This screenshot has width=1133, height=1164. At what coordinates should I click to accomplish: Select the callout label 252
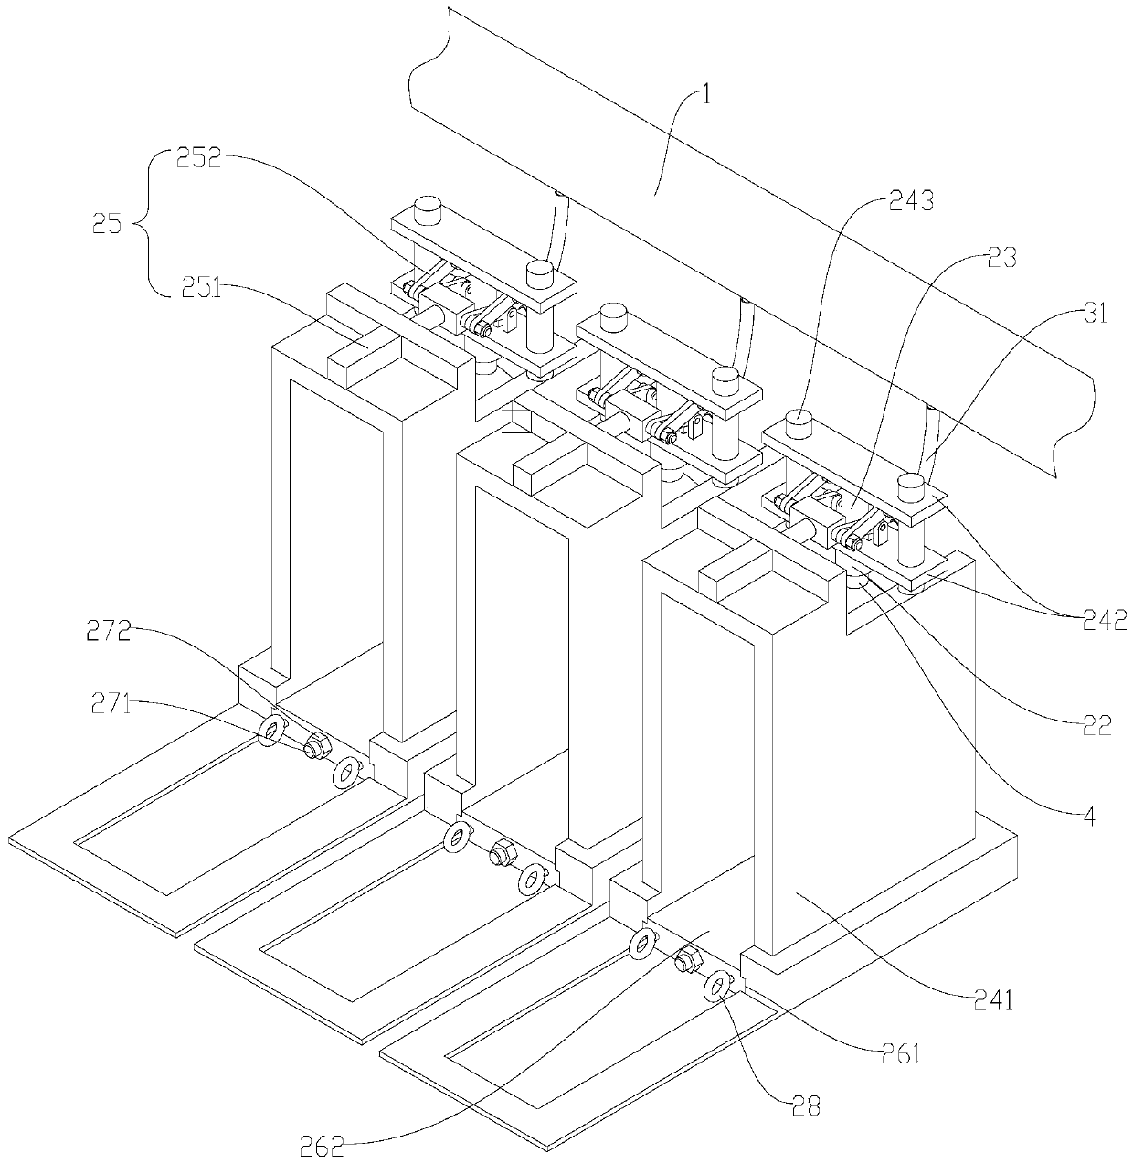tap(198, 160)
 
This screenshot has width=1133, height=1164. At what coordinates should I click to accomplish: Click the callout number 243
tap(911, 201)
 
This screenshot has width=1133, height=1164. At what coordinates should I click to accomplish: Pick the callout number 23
tap(1001, 259)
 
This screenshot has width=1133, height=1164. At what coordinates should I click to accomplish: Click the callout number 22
tap(1096, 725)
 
